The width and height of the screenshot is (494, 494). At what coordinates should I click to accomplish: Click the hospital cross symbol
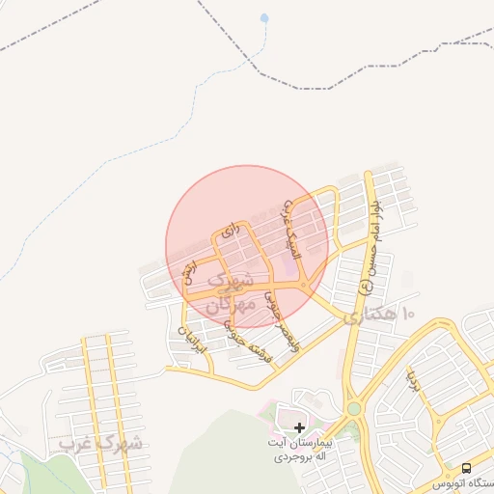(299, 426)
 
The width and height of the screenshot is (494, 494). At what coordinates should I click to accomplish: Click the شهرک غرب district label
(100, 443)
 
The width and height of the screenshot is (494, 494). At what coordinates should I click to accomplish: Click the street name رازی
(229, 232)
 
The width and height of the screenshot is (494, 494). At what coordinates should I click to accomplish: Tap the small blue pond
(264, 17)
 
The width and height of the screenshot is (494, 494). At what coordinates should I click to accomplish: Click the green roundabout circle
(354, 409)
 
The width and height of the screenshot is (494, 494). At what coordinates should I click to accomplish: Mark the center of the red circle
(247, 246)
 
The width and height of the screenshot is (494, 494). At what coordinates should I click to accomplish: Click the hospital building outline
(289, 418)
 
